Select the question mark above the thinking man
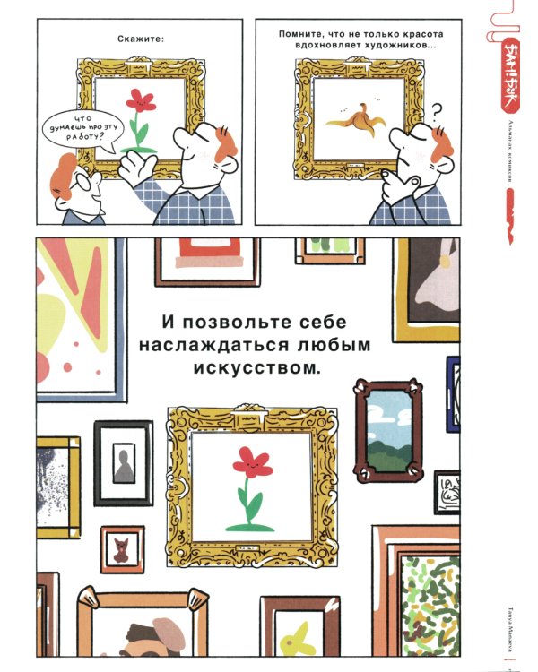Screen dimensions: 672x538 [x=437, y=112]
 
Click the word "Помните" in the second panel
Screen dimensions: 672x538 [x=300, y=33]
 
